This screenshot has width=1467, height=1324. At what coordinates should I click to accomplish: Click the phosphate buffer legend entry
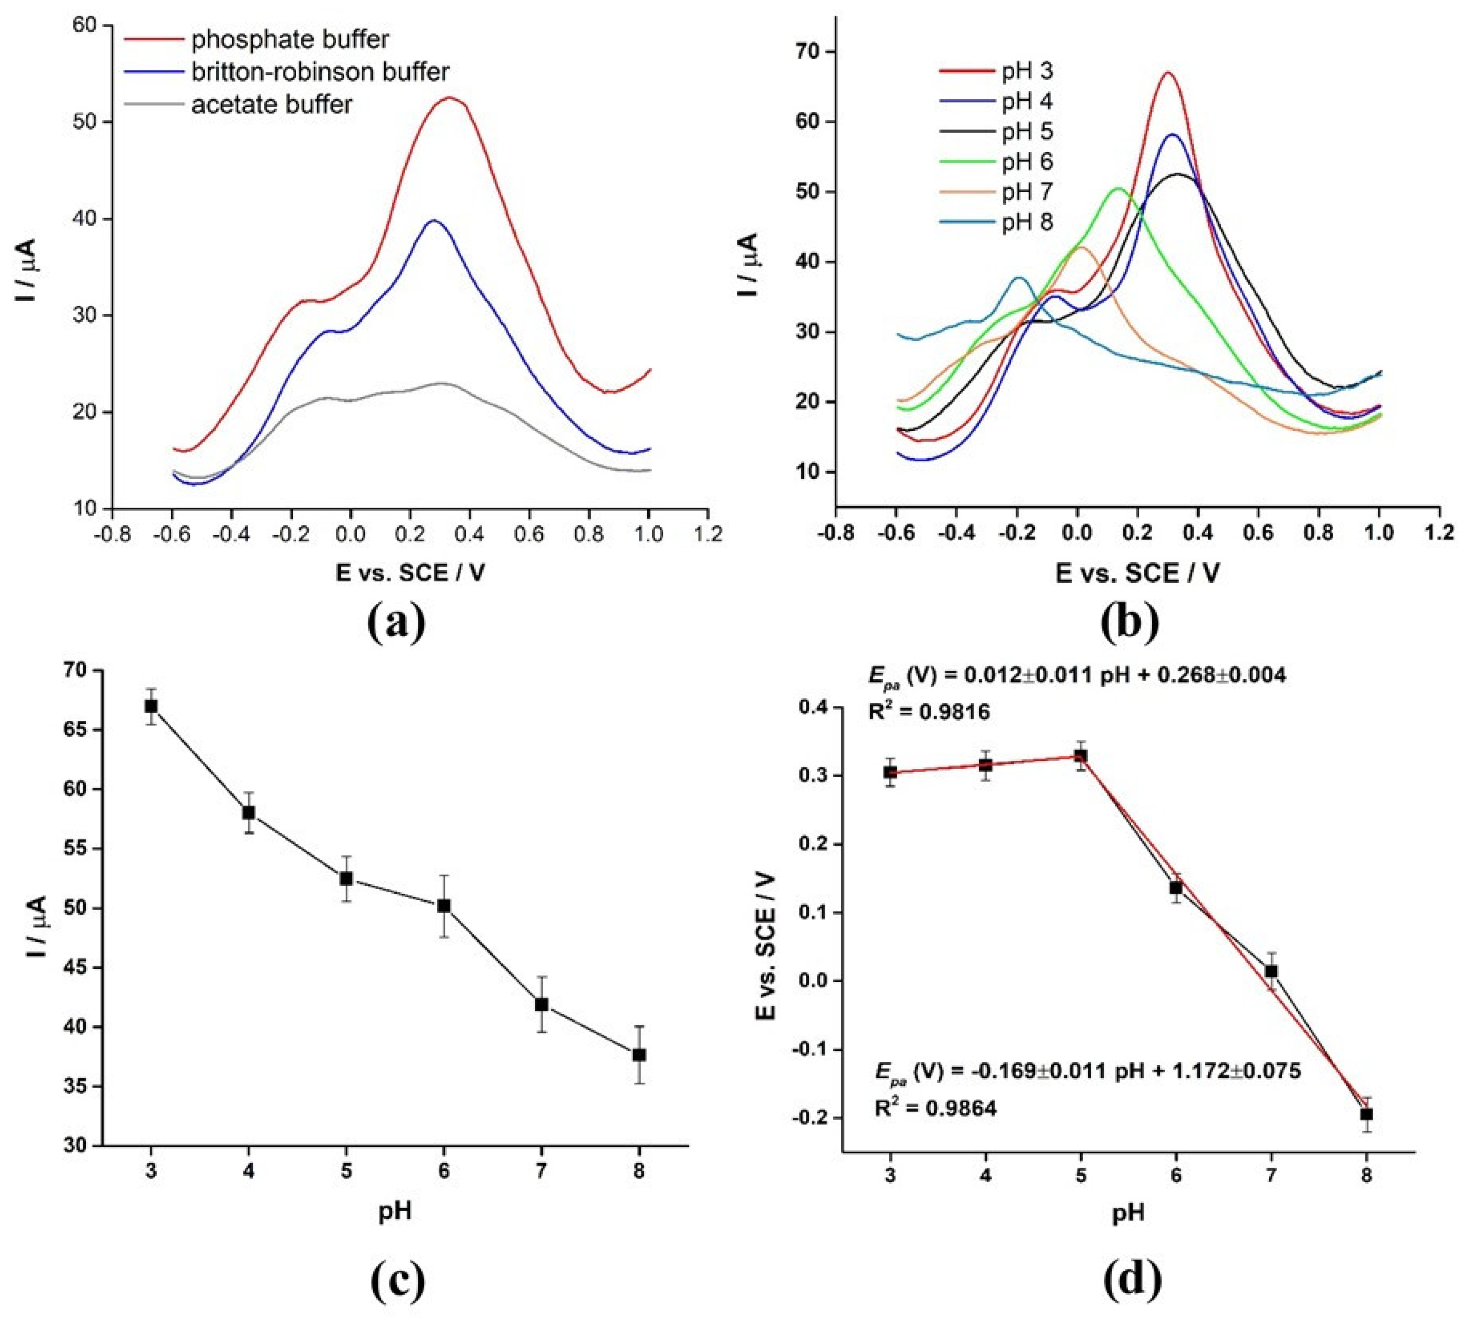point(290,39)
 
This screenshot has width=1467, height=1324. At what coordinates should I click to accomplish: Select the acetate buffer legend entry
point(271,105)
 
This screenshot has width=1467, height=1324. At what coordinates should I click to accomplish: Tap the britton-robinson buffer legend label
point(320,72)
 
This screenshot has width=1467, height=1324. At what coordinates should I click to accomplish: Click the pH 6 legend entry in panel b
point(1027,161)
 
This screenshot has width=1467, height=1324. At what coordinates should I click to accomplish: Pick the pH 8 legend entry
point(1027,222)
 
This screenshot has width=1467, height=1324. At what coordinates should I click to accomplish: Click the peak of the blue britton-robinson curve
point(435,221)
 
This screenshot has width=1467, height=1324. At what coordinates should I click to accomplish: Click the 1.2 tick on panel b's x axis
point(1439,532)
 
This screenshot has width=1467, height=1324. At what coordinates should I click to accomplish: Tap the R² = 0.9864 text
point(935,1108)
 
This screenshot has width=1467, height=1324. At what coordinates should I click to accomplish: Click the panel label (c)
point(397,1283)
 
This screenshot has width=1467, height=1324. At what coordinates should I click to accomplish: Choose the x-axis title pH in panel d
point(1128,1212)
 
